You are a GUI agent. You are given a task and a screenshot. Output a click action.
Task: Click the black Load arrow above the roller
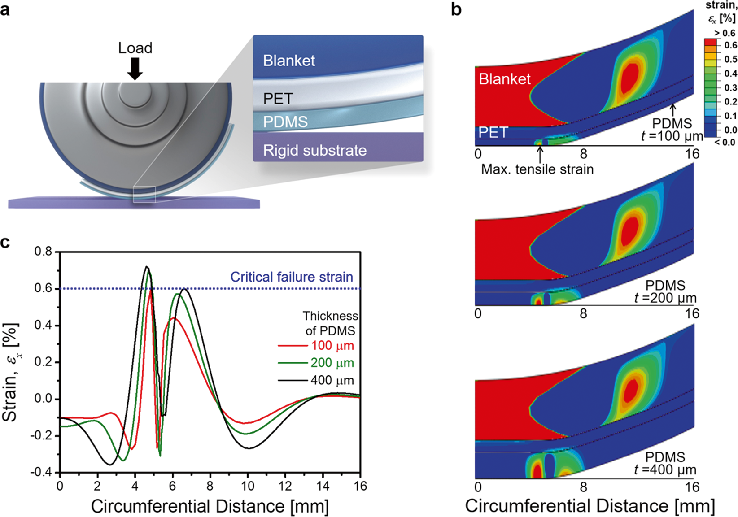pos(135,68)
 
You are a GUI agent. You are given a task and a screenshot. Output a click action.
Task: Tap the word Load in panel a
pos(135,48)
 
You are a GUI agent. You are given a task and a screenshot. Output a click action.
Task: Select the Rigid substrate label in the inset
pos(314,150)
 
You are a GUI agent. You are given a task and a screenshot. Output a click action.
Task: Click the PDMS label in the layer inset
pos(285,122)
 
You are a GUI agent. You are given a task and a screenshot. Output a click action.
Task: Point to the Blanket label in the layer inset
pos(289,61)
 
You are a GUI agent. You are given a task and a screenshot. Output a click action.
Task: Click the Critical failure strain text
pos(292,277)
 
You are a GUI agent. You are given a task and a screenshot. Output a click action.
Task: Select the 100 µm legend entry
pos(332,346)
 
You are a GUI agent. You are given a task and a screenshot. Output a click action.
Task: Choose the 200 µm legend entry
pos(332,363)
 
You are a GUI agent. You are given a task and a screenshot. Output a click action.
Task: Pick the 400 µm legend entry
pos(332,380)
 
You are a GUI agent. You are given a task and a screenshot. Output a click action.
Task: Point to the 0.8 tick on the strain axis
pos(43,252)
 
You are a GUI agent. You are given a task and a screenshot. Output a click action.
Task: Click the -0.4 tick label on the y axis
pos(41,472)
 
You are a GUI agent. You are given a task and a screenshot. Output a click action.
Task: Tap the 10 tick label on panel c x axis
pos(247,487)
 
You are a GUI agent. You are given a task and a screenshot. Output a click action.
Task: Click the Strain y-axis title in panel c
pos(10,373)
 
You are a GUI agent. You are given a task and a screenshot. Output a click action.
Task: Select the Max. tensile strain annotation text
pos(537,169)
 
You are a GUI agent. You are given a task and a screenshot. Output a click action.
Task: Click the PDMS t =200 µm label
pos(665,292)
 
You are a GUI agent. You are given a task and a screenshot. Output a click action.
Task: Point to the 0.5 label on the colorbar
pos(730,59)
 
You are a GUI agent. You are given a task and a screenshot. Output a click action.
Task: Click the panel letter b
pos(456,9)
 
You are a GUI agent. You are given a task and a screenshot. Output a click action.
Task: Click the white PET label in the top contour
pos(493,132)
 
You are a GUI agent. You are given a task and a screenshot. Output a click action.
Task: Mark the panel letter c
pos(5,242)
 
